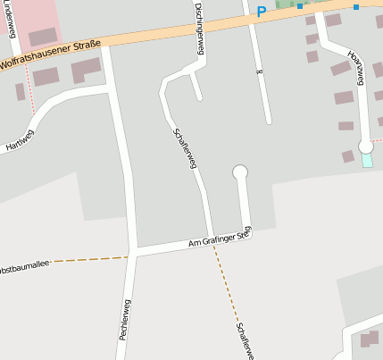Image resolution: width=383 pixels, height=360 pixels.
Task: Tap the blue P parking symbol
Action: click(262, 12)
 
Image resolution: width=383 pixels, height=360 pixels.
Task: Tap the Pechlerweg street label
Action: click(124, 319)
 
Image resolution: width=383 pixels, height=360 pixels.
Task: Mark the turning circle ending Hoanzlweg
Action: click(365, 146)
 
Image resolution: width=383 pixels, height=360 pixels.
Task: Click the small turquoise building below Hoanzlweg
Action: click(367, 161)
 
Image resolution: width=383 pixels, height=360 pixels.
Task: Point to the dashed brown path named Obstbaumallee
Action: click(89, 260)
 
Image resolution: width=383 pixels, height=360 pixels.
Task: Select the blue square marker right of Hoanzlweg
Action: click(355, 7)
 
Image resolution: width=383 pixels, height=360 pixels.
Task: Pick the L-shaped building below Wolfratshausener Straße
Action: click(85, 69)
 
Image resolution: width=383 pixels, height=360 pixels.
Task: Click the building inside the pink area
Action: click(42, 37)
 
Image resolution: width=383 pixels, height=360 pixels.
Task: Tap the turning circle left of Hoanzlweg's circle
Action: click(239, 171)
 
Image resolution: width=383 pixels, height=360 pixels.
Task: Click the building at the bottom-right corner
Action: click(369, 339)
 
